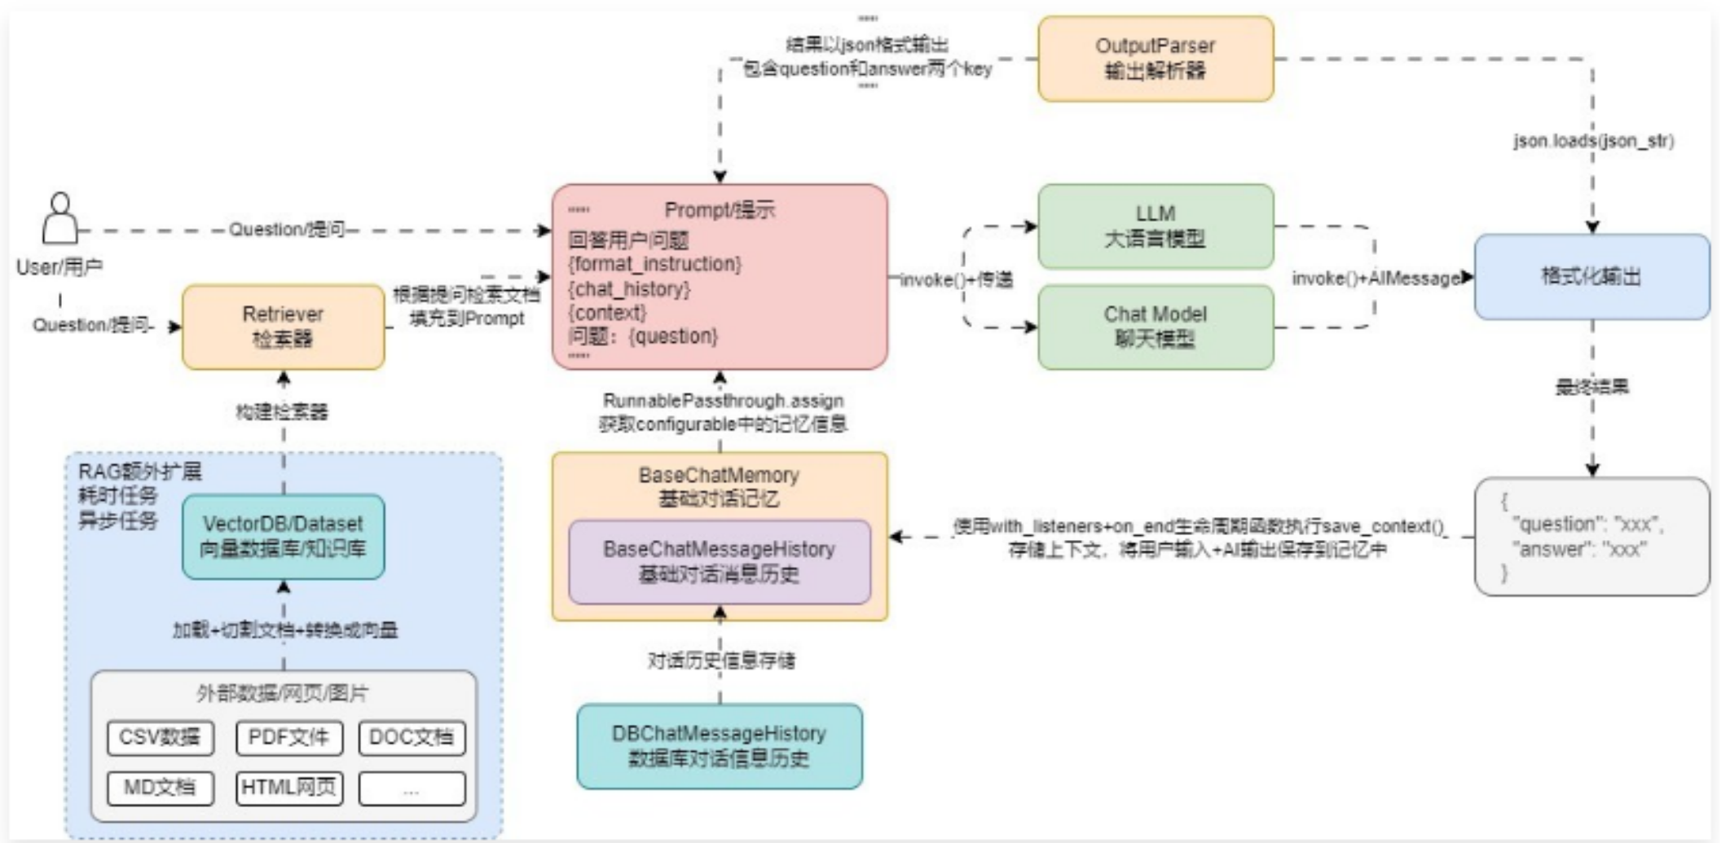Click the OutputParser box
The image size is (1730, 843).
coord(1155,59)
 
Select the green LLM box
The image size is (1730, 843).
coord(1155,226)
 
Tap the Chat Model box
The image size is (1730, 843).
coord(1155,327)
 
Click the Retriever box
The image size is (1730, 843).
coord(283,327)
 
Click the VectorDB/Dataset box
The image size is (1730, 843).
coord(283,536)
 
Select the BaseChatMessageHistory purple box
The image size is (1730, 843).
coord(719,562)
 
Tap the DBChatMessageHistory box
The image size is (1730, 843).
coord(719,746)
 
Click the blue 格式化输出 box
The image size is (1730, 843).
coord(1591,277)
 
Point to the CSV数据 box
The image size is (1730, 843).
coord(160,738)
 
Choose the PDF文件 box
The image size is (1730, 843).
coord(288,738)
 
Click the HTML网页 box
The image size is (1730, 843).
coord(288,788)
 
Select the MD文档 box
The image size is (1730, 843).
coord(160,788)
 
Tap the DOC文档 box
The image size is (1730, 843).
coord(411,738)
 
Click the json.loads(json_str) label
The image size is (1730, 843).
coord(1592,141)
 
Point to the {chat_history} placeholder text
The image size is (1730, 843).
coord(629,289)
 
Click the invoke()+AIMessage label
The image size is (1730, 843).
coord(1376,279)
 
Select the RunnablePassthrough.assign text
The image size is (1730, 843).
coord(723,401)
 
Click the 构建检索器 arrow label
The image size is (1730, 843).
coord(282,412)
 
